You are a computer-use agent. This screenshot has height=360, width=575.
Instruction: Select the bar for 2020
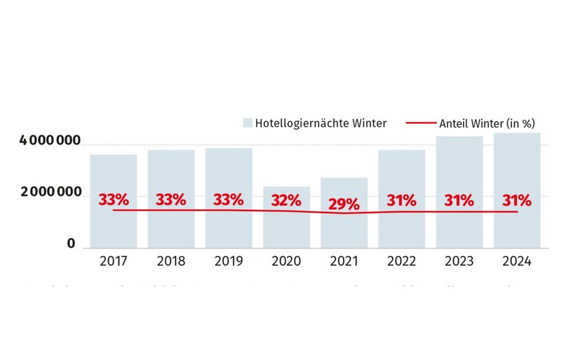[x=286, y=228]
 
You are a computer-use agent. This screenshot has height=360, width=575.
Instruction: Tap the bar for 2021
[x=344, y=228]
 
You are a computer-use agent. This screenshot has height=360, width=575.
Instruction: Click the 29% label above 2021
[x=344, y=204]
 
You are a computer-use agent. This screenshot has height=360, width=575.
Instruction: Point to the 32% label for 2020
[x=286, y=200]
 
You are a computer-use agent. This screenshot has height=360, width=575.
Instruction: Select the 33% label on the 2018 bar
[x=170, y=199]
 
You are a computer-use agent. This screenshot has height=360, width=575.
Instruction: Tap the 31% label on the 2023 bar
[x=459, y=200]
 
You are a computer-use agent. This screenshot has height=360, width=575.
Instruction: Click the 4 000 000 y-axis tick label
[x=50, y=142]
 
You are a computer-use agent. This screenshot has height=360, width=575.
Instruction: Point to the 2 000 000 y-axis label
[x=50, y=193]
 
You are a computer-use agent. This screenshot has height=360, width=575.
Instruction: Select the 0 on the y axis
[x=71, y=244]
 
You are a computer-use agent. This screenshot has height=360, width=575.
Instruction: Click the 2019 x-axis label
[x=229, y=261]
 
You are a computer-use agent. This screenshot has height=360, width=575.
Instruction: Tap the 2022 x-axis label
[x=402, y=261]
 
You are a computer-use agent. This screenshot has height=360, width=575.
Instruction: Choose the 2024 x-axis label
[x=517, y=261]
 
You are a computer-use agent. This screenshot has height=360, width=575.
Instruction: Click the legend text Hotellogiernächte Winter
[x=320, y=124]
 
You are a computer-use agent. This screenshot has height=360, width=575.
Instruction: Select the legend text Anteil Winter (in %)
[x=487, y=124]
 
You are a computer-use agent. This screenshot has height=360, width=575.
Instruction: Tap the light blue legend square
[x=248, y=124]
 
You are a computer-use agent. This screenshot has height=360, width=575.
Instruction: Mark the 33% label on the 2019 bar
[x=229, y=199]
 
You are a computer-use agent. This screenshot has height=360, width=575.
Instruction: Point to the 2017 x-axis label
[x=113, y=261]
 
